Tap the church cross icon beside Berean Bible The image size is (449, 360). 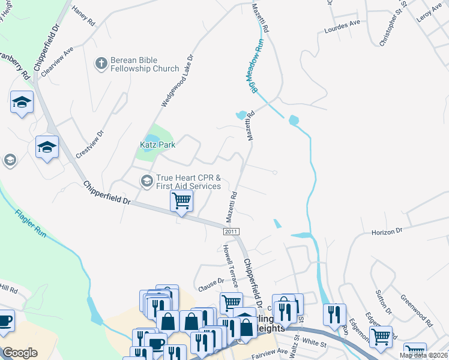pyautogui.click(x=101, y=62)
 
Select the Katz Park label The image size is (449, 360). pyautogui.click(x=157, y=145)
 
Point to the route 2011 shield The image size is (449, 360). pyautogui.click(x=231, y=231)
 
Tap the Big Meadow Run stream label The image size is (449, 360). pyautogui.click(x=255, y=66)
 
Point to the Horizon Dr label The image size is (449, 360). pyautogui.click(x=386, y=231)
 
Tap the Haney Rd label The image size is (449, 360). pyautogui.click(x=83, y=16)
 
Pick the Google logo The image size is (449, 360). pyautogui.click(x=20, y=353)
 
